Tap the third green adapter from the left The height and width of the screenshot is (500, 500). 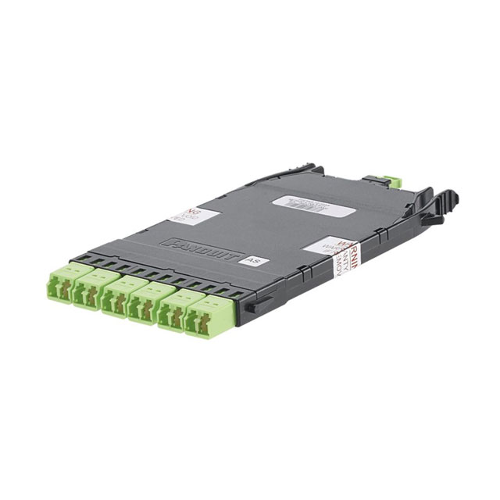point(119,298)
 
